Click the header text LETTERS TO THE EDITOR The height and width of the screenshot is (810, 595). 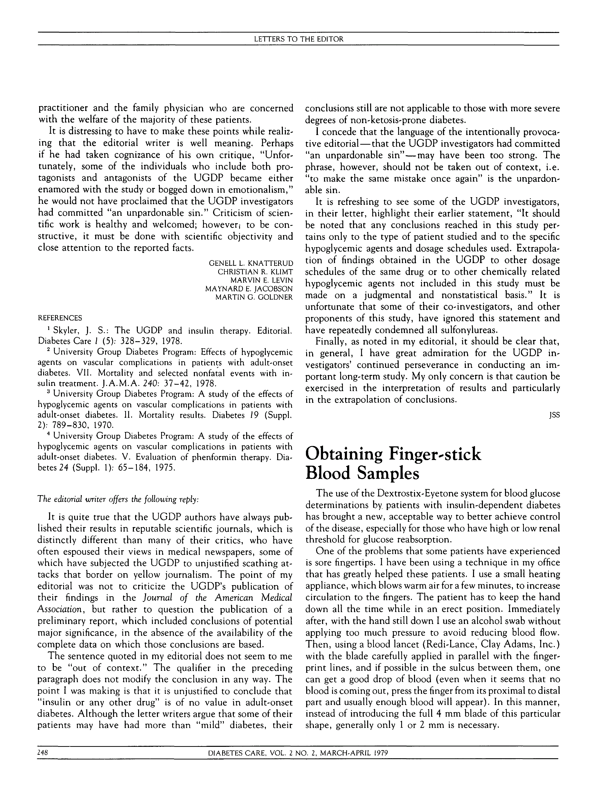point(298,39)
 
